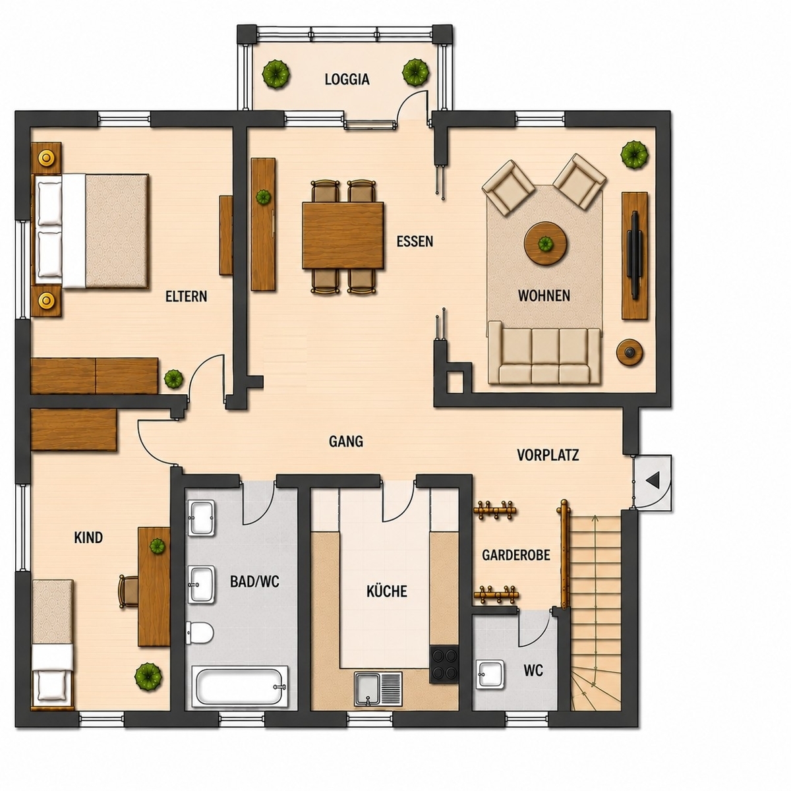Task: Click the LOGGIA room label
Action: (x=347, y=79)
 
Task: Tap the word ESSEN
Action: (x=415, y=241)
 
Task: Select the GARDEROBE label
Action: (x=515, y=556)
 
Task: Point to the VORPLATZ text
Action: (x=548, y=455)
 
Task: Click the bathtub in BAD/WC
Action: (x=240, y=687)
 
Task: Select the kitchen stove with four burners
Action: (x=444, y=664)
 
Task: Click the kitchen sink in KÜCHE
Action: (x=378, y=689)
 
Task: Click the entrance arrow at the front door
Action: (x=653, y=481)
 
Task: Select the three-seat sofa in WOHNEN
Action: (x=544, y=353)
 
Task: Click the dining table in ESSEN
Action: (x=343, y=235)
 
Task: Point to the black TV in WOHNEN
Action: (x=635, y=255)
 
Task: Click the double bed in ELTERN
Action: (x=90, y=231)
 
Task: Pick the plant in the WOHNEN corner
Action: (x=635, y=154)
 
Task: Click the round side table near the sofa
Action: (x=631, y=352)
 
